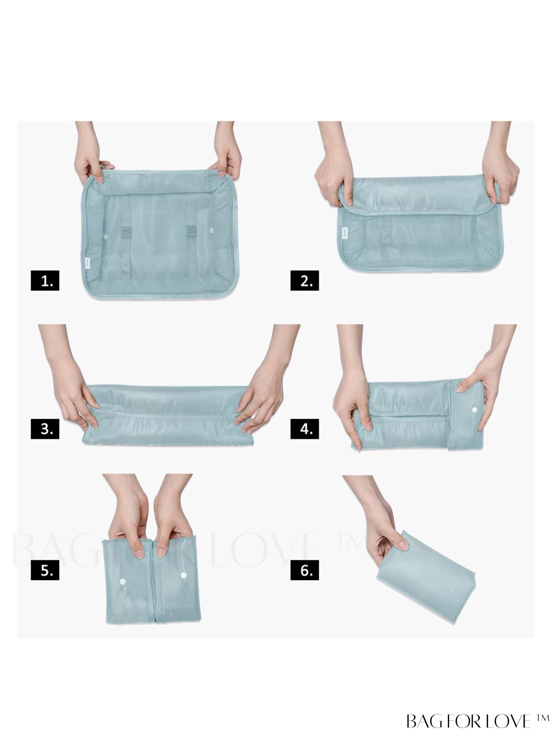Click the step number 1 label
click(45, 281)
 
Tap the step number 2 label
click(305, 281)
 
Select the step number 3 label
click(45, 428)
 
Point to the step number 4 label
click(305, 428)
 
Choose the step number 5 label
click(45, 570)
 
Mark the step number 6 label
click(305, 570)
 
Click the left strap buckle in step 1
click(126, 231)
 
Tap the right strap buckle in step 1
click(191, 230)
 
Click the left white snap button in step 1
click(106, 237)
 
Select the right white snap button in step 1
click(211, 231)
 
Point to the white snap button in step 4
click(474, 410)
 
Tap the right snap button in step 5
click(184, 575)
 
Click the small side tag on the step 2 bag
click(344, 234)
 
